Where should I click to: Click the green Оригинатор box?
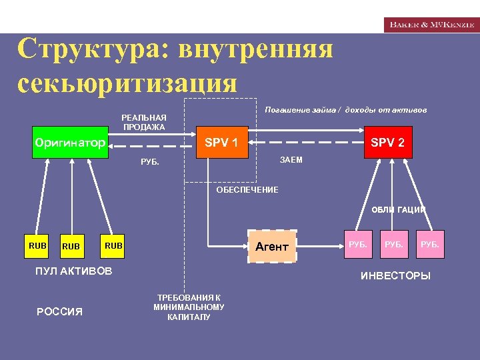(71, 143)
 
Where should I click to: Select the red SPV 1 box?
(221, 142)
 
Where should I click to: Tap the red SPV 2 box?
(387, 142)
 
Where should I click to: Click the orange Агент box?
(272, 247)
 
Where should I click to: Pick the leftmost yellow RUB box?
(37, 246)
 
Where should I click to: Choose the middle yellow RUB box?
(71, 246)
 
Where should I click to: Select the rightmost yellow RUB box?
(113, 246)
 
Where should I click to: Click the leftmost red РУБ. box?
(358, 245)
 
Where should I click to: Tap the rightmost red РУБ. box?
(429, 245)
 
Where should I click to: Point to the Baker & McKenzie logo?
(431, 24)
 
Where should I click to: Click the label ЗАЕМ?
(291, 160)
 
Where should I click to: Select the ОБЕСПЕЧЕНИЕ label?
(247, 190)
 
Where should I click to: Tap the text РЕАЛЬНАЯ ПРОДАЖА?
(144, 123)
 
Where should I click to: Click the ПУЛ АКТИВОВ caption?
(73, 271)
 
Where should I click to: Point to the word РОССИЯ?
(59, 311)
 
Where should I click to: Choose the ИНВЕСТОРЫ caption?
(395, 275)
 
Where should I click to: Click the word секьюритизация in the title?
(127, 83)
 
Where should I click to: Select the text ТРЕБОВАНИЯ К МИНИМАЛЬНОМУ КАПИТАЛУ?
(189, 307)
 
